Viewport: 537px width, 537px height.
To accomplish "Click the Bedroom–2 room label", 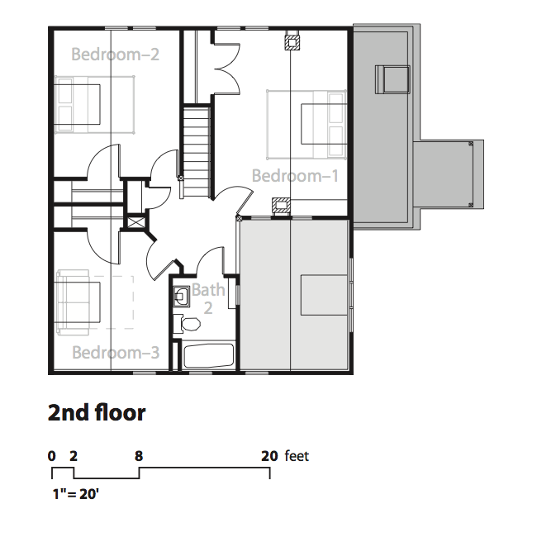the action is (x=115, y=55).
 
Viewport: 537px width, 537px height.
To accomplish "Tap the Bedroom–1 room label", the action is (x=295, y=176).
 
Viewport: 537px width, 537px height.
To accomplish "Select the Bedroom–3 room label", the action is (x=116, y=353).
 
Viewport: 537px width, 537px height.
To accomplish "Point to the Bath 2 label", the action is (x=208, y=299).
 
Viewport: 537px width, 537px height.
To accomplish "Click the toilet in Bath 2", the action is (x=187, y=324).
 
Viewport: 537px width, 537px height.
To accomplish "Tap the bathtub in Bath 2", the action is (x=208, y=356).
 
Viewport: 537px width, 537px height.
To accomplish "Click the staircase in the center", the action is (x=197, y=152).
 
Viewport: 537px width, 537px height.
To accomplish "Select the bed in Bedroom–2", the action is (x=94, y=104).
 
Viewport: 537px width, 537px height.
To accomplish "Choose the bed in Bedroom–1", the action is (x=307, y=125).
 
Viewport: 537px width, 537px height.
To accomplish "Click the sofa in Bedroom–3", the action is (x=78, y=302).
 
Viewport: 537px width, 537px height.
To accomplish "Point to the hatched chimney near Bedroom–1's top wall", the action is (x=292, y=42).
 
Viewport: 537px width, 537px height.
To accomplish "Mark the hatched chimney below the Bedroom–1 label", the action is (x=281, y=206).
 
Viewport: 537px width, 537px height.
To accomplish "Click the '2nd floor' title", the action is (x=97, y=413).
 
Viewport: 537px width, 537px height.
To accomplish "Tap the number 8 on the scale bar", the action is (x=139, y=456).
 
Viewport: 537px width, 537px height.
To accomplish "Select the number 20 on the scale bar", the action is (x=269, y=456).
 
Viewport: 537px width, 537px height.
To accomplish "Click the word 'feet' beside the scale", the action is (x=297, y=456).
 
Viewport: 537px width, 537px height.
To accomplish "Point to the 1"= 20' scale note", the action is (x=76, y=494).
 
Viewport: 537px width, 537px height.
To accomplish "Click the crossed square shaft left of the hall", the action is (x=136, y=222).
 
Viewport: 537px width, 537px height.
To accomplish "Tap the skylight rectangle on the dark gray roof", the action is (x=392, y=79).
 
